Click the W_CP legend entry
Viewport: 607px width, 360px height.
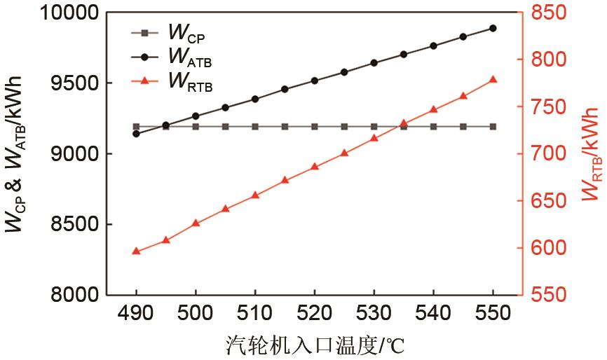point(172,33)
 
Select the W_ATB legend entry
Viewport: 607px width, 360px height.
point(172,57)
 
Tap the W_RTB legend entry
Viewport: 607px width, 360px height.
point(172,81)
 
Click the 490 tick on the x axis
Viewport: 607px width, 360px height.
point(136,312)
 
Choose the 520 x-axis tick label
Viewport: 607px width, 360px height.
point(314,312)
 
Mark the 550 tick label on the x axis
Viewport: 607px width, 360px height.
point(493,312)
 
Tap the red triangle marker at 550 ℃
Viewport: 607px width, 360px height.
point(493,80)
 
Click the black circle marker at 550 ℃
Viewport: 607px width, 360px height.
point(493,28)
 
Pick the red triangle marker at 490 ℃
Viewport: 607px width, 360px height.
point(136,251)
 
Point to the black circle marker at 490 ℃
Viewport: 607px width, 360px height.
point(136,133)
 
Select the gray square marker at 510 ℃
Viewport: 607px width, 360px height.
point(255,127)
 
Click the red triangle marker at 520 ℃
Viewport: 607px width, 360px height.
point(314,167)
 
